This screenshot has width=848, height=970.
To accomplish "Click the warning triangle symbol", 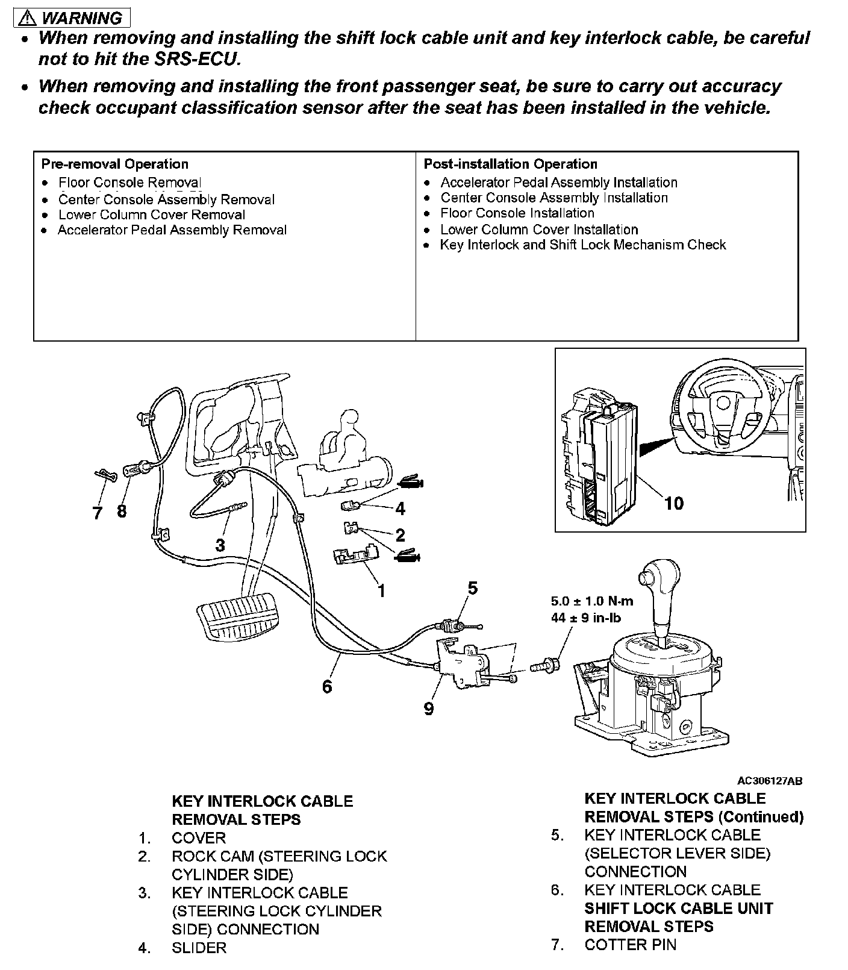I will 27,19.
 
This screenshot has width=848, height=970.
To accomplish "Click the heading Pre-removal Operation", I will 114,164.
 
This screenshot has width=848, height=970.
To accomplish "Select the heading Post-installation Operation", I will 510,164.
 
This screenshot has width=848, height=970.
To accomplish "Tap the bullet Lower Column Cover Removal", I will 151,215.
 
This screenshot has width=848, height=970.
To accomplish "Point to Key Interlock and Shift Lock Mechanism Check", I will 582,245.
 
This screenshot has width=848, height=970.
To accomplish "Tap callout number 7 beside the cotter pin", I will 97,512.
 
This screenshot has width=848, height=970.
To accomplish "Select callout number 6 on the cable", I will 327,686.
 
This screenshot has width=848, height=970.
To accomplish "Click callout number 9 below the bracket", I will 428,709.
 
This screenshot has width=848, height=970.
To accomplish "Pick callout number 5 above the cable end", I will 472,587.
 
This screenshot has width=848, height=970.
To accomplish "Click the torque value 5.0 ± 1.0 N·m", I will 591,601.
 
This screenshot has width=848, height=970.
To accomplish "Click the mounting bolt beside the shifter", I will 544,667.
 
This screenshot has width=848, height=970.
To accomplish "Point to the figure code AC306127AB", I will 769,781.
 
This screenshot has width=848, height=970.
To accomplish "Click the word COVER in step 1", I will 199,838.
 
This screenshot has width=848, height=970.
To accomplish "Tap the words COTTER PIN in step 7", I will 630,945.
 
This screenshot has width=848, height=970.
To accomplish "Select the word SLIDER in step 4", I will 199,948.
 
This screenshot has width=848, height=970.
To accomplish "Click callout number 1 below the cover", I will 381,590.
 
